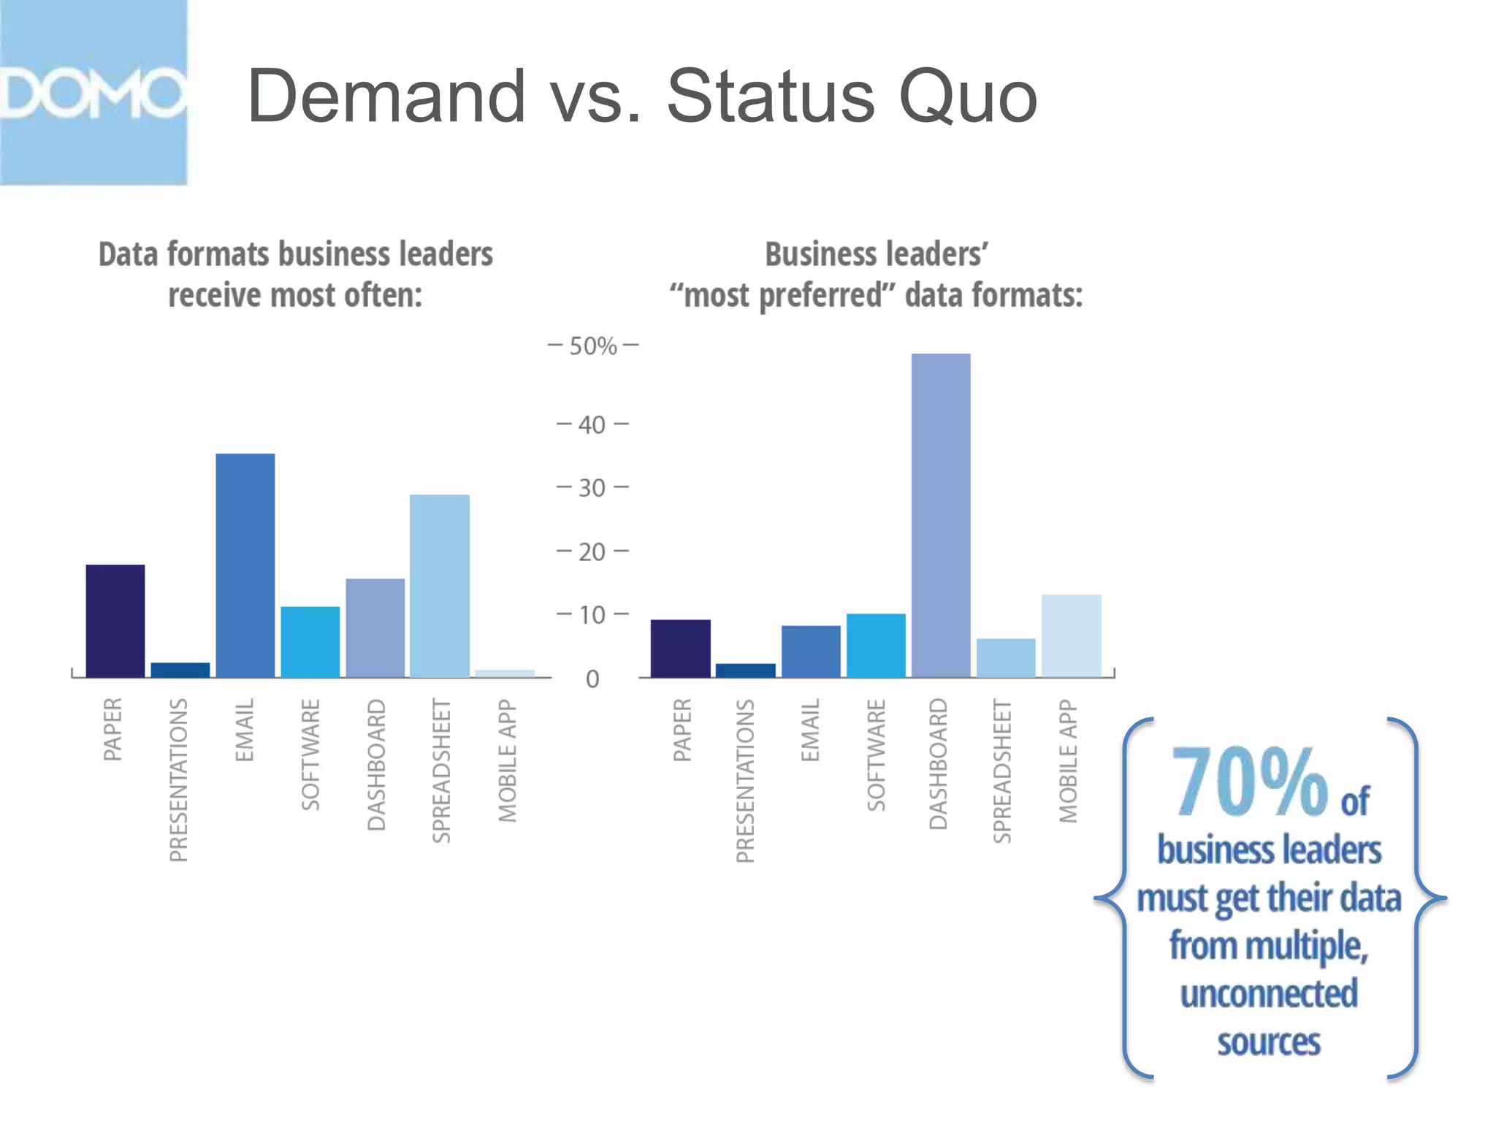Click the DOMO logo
coord(93,93)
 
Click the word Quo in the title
coord(968,96)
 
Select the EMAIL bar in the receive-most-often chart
coord(245,565)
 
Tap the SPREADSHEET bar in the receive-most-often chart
coord(440,586)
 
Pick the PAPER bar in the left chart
coord(115,621)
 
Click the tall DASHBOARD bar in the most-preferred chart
coord(941,515)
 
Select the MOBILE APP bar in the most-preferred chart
coord(1071,636)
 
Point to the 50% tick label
coord(593,346)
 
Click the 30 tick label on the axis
coord(592,488)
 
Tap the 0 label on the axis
coord(592,679)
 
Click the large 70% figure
coord(1249,782)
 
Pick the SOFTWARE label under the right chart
coord(877,755)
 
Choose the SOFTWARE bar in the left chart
coord(310,642)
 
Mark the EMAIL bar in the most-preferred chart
coord(811,652)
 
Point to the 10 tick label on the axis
coord(592,615)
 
